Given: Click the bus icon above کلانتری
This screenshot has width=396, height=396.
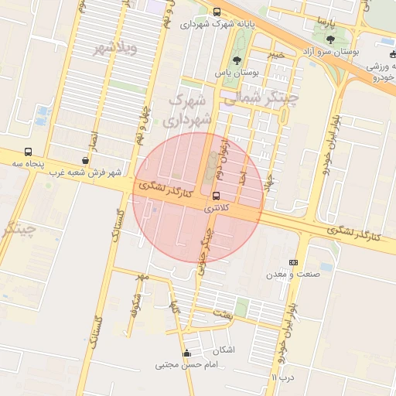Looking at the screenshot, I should click(216, 196).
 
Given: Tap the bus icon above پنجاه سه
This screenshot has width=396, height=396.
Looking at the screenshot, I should click(29, 152).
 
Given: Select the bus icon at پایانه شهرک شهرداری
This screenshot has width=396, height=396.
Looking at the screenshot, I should click(216, 12).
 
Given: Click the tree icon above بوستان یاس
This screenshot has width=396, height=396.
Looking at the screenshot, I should click(237, 60).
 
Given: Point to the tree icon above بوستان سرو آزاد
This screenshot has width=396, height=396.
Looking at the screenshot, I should click(330, 39).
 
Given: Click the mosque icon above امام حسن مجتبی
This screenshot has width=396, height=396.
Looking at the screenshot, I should click(186, 354).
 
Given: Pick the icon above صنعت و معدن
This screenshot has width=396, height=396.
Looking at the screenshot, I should click(292, 263).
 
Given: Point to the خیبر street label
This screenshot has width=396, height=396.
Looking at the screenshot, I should click(276, 55).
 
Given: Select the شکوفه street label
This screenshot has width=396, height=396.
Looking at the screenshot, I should click(135, 305).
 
